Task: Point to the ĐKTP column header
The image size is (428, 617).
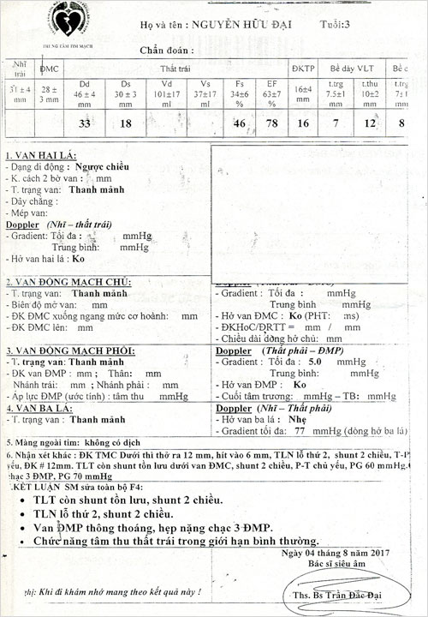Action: coord(303,67)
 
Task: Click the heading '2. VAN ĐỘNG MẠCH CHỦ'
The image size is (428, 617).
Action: coord(68,282)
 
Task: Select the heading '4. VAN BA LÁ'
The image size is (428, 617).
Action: coord(39,408)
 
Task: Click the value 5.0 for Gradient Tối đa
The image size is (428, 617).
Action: coord(315,362)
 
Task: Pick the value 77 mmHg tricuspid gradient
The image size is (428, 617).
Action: coord(300,431)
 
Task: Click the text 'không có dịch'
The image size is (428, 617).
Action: coord(109,440)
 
